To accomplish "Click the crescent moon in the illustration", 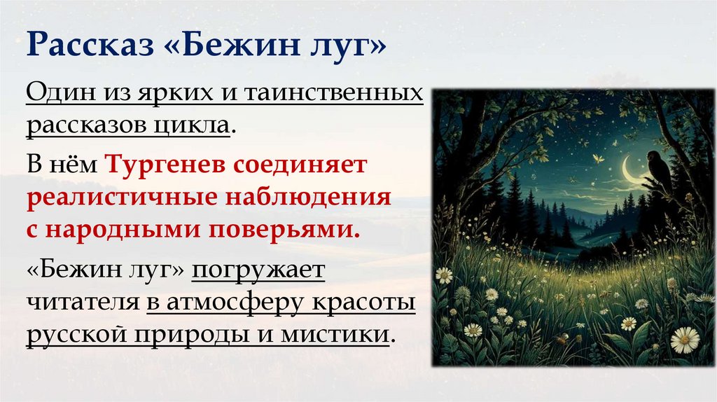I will (632, 172).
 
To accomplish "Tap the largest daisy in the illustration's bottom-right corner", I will (685, 340).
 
